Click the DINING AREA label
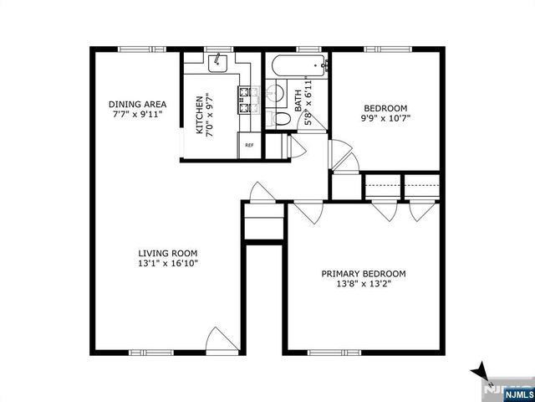click(x=137, y=106)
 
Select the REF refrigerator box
click(x=249, y=145)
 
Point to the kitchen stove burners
click(x=246, y=101)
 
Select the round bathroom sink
click(x=278, y=93)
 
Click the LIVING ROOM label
click(x=168, y=253)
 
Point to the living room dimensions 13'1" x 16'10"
click(x=168, y=264)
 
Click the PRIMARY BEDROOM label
click(x=364, y=274)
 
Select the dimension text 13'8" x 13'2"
click(x=364, y=285)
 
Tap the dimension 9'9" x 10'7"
click(x=385, y=118)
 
